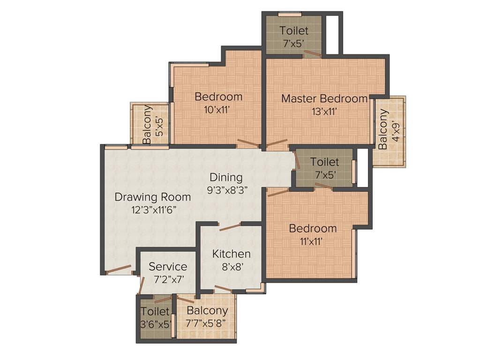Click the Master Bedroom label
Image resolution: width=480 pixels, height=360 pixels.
(324, 99)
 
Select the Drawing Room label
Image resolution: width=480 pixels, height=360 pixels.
(153, 197)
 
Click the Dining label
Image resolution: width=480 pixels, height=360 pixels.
(226, 178)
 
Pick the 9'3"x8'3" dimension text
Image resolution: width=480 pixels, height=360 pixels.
(227, 190)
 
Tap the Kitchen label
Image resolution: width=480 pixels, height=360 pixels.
(231, 254)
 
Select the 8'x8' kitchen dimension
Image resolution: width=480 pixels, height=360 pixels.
(231, 267)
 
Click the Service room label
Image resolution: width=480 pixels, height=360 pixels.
(168, 267)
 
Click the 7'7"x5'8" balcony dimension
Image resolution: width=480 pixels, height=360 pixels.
(207, 323)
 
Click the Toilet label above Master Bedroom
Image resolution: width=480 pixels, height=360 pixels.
(294, 31)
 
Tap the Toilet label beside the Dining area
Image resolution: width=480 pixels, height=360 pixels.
(324, 162)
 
